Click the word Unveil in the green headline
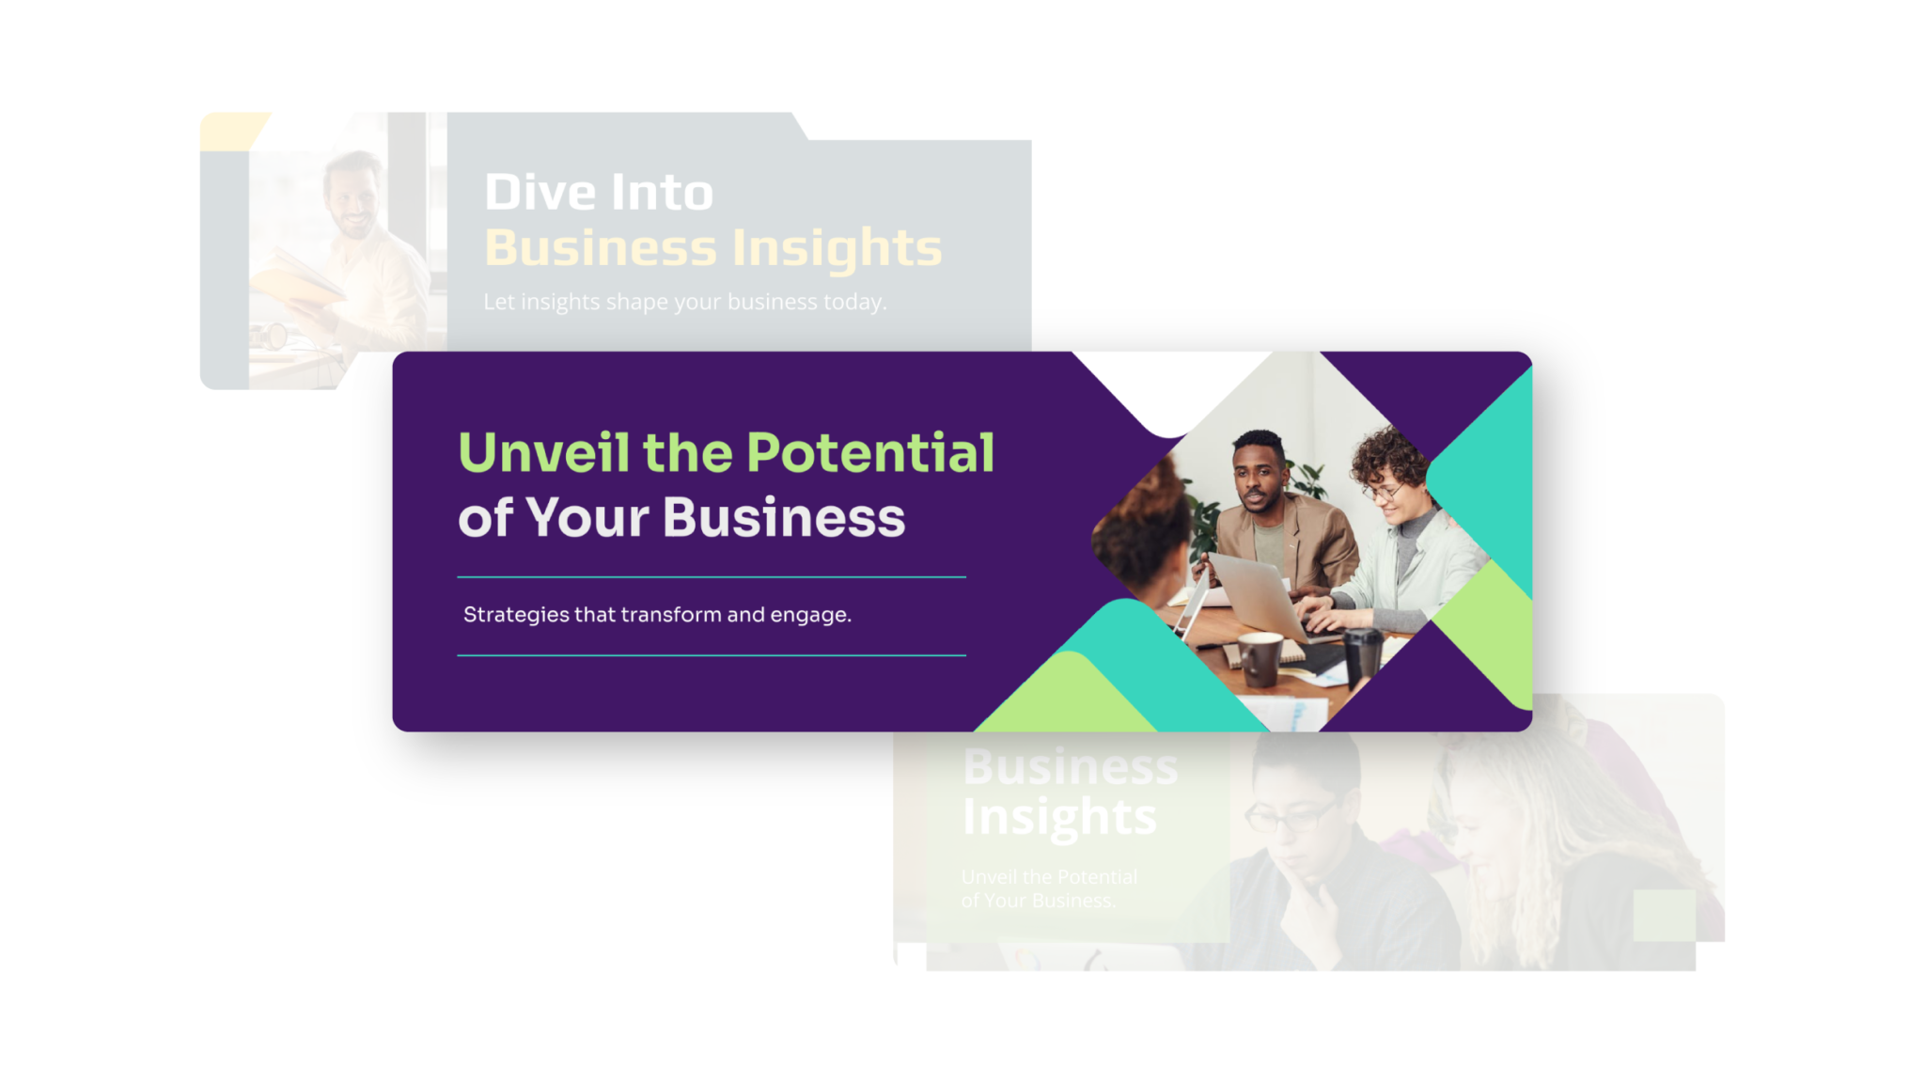point(543,452)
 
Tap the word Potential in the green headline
point(870,452)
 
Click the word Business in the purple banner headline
point(784,517)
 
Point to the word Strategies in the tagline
point(516,615)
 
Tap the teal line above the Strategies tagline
point(712,576)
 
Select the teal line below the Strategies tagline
point(712,654)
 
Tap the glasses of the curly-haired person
point(1382,491)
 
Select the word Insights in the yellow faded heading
point(837,248)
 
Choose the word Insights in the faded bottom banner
point(1059,817)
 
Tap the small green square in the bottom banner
point(1664,915)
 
